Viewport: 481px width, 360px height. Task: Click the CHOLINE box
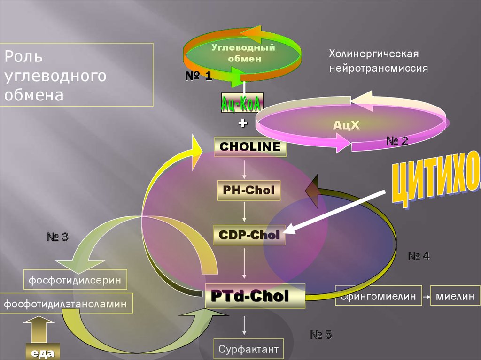[250, 147]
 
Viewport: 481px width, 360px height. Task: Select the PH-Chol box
[249, 190]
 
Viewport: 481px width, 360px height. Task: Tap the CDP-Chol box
[249, 235]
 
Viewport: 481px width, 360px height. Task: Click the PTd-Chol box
[256, 296]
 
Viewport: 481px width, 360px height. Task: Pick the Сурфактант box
[248, 349]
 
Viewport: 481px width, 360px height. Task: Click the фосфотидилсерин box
[75, 280]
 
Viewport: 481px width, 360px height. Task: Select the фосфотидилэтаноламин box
[66, 304]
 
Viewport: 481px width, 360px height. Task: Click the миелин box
[455, 296]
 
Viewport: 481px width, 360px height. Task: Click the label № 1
[198, 76]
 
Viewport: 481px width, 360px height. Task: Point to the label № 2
[397, 140]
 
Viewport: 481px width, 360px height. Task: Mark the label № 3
[58, 237]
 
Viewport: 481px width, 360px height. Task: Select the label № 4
[419, 256]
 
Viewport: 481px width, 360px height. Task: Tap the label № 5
[321, 335]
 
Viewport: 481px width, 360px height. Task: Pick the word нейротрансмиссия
[378, 68]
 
